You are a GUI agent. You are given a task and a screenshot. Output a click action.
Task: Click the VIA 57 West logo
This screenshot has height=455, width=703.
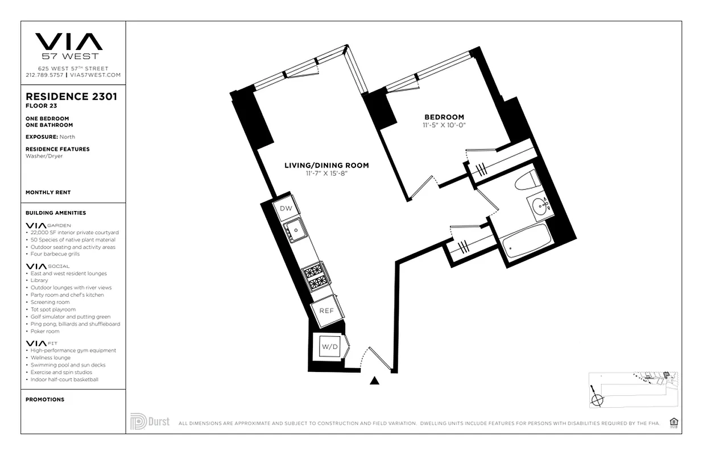click(69, 45)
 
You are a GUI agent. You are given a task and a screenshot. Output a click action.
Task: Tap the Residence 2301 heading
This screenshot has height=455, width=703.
click(71, 97)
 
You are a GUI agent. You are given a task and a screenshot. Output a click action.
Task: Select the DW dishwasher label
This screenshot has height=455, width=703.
click(286, 208)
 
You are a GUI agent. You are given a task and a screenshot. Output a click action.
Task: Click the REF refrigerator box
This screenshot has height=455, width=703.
click(326, 311)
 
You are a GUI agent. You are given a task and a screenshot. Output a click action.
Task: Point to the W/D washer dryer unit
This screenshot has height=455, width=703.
click(329, 346)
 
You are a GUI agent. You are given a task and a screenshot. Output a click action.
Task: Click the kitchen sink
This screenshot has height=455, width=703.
click(296, 231)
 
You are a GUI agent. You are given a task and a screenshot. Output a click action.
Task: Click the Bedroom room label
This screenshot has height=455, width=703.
click(444, 117)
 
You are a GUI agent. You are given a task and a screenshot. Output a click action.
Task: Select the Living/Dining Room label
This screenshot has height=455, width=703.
click(326, 166)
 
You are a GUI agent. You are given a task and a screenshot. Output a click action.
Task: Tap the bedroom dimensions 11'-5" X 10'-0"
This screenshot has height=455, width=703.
click(444, 125)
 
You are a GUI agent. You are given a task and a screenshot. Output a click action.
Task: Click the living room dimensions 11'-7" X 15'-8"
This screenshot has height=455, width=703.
click(326, 173)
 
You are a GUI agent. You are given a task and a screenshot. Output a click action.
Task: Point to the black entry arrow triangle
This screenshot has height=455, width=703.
click(374, 380)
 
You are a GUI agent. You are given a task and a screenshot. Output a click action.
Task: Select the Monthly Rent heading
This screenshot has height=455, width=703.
click(48, 192)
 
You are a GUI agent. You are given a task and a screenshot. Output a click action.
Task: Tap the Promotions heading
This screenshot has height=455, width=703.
click(45, 399)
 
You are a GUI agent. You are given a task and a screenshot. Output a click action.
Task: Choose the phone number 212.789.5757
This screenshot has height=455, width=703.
click(44, 75)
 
